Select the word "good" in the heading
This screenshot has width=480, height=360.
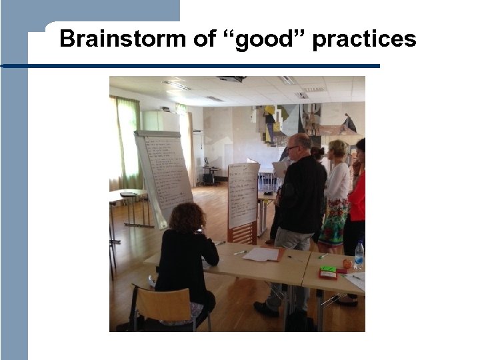tap(262, 40)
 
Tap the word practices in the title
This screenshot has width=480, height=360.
tap(364, 40)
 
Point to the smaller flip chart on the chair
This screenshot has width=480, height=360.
tap(243, 195)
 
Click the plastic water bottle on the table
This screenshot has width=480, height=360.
tap(359, 254)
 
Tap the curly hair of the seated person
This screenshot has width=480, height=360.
tap(187, 217)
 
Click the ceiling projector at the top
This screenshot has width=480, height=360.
tap(232, 79)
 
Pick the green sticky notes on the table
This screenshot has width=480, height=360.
tap(328, 269)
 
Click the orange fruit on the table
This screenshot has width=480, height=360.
tap(347, 264)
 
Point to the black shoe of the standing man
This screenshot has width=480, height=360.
tap(265, 309)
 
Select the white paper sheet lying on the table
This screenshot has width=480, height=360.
tap(261, 254)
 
